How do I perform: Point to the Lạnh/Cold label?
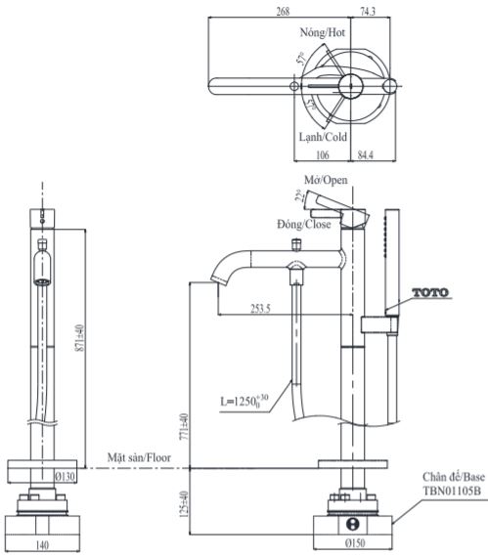coord(323,137)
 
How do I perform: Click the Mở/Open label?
coord(326,180)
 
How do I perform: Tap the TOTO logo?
coord(434,292)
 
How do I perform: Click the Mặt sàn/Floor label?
coord(141,456)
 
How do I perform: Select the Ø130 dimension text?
coord(67,476)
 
